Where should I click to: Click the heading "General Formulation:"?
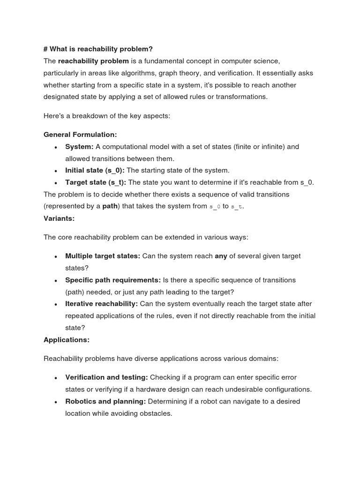click(x=80, y=135)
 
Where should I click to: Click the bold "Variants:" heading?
click(x=59, y=218)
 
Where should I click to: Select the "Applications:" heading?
click(x=67, y=339)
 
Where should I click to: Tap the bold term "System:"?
click(x=79, y=147)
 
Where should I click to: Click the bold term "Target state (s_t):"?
click(x=96, y=182)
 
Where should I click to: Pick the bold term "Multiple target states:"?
click(x=103, y=256)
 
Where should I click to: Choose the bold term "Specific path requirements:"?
click(x=113, y=280)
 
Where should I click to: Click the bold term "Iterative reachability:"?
click(x=101, y=304)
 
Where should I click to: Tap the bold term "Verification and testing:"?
click(x=106, y=377)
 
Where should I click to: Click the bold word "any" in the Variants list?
click(x=220, y=256)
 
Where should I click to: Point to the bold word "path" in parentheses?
click(x=110, y=206)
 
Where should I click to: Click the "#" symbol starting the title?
click(x=45, y=49)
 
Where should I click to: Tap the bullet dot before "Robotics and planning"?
click(x=56, y=402)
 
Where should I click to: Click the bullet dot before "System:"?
click(x=56, y=148)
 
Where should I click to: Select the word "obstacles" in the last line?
click(x=157, y=413)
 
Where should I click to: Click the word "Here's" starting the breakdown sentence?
click(x=54, y=116)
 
